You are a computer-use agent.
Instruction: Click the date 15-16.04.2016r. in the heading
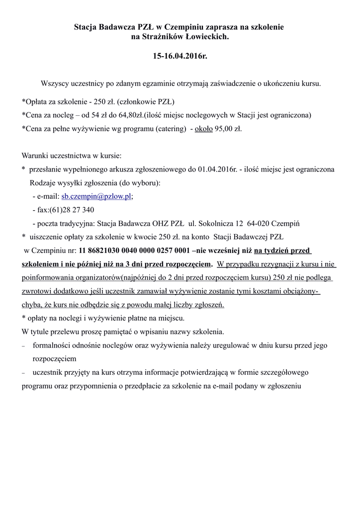click(x=180, y=57)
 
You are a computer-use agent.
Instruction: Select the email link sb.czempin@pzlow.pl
click(x=96, y=196)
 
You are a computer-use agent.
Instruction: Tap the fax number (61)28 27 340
click(x=72, y=210)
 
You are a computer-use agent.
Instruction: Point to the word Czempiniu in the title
click(x=186, y=27)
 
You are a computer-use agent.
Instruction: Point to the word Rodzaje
click(x=43, y=182)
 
